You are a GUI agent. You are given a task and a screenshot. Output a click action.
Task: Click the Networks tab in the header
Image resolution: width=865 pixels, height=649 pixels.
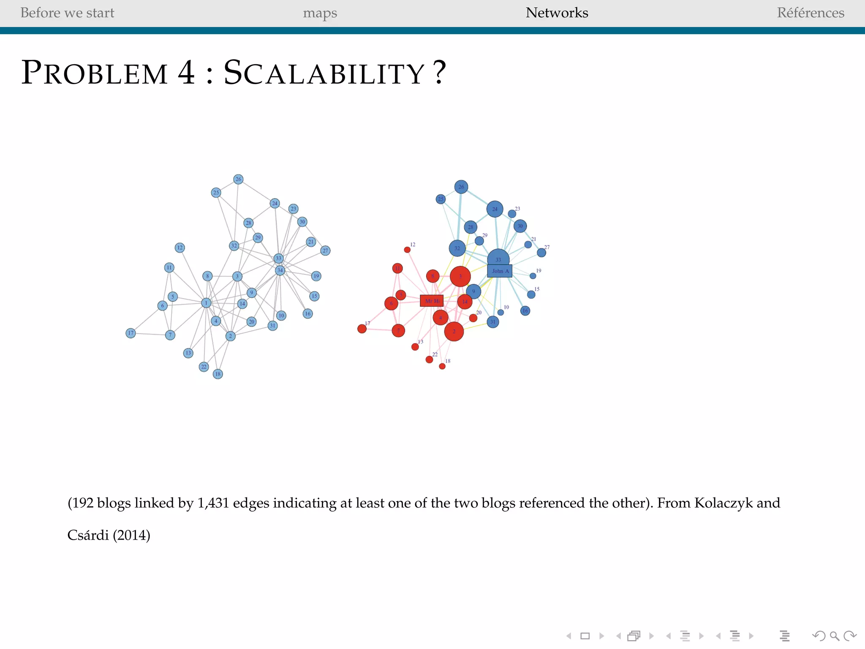[557, 13]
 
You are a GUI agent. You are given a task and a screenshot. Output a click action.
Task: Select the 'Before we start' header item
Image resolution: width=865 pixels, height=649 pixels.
[67, 13]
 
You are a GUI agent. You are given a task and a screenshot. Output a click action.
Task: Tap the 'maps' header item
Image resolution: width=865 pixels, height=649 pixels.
[320, 13]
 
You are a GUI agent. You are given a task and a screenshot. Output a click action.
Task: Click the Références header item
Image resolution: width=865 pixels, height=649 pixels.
[810, 13]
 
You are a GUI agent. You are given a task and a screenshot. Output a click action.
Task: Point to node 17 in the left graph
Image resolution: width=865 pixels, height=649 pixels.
[131, 333]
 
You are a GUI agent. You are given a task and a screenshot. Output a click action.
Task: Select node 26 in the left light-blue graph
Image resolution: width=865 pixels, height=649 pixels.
[238, 179]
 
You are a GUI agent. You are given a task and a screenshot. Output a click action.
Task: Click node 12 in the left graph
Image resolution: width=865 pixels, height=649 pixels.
[180, 248]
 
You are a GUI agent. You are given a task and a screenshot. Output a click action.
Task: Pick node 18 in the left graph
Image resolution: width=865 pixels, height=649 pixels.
[218, 374]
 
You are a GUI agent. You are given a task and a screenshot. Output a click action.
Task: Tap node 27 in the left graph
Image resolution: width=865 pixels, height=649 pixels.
[325, 251]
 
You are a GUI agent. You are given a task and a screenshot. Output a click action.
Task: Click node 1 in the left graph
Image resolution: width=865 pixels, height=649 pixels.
[206, 303]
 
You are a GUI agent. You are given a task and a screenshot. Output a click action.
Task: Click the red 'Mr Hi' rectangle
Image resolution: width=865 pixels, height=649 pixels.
[432, 301]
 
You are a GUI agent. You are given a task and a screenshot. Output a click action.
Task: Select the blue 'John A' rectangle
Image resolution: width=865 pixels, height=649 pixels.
[500, 271]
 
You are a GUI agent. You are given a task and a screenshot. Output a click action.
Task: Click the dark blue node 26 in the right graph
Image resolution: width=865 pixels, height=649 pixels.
[461, 187]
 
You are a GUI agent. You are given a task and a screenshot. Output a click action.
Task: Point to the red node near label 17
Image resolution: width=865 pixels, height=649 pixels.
[362, 329]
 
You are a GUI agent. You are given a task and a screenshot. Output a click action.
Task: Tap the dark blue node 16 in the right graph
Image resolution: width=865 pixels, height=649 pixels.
[525, 311]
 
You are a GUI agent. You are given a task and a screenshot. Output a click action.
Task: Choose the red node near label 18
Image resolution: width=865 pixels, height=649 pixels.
[442, 366]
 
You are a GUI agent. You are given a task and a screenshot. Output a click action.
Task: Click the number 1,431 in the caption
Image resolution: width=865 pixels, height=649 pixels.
[213, 503]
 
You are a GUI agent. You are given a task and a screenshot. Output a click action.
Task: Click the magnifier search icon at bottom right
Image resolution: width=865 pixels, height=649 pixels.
[834, 636]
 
